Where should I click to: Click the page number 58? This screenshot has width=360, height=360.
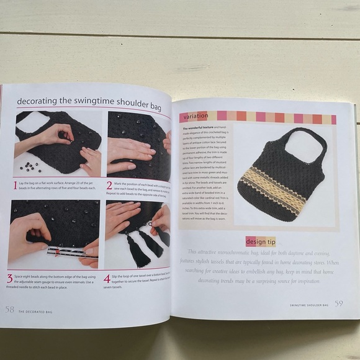pos(10,309)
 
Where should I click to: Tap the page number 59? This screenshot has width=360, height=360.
pos(338,303)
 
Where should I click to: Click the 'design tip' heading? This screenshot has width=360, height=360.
pos(261,241)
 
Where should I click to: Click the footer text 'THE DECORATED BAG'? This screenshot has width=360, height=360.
pos(40,311)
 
